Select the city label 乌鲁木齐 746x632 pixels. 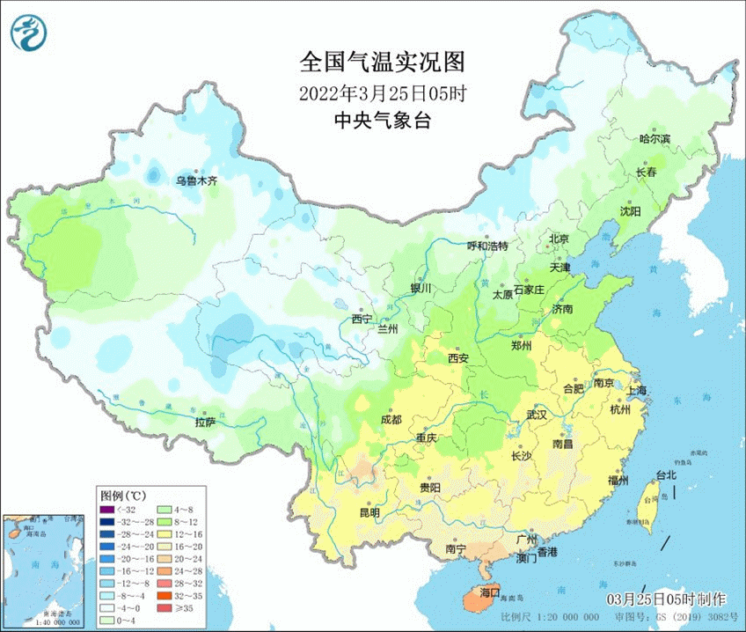(x=195, y=180)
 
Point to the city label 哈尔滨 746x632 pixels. (x=654, y=139)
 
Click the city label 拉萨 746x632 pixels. (x=204, y=422)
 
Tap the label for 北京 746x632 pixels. (x=559, y=239)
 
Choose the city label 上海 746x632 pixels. (x=636, y=390)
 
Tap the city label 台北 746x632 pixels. (x=666, y=475)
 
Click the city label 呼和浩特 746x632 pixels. (x=486, y=246)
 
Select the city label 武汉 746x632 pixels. (x=536, y=414)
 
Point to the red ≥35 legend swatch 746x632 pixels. (x=163, y=606)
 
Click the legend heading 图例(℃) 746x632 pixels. (x=122, y=495)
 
